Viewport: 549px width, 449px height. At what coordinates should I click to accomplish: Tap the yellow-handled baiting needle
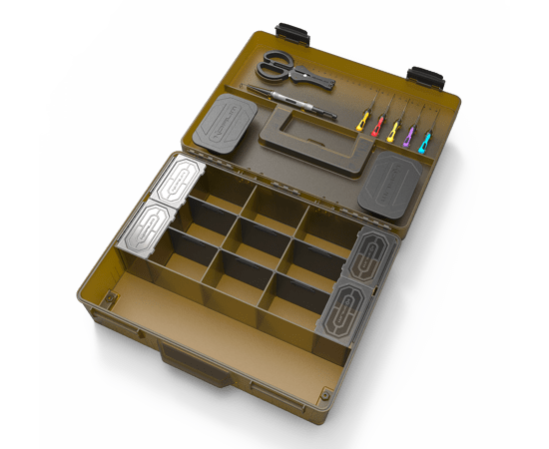click(362, 124)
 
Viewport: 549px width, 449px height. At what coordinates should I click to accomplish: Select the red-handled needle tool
click(378, 127)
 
